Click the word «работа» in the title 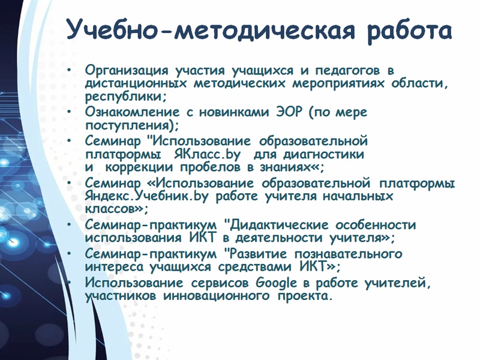click(x=409, y=31)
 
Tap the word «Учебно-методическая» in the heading click(x=211, y=29)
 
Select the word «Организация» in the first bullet click(x=127, y=71)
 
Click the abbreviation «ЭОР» click(x=289, y=112)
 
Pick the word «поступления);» click(x=132, y=126)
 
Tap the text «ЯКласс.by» click(x=207, y=155)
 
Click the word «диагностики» click(x=323, y=155)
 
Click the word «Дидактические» click(x=279, y=226)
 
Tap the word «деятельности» click(x=278, y=238)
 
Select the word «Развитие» click(x=258, y=254)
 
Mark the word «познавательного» click(x=349, y=254)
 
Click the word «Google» click(x=276, y=283)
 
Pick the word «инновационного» click(x=217, y=296)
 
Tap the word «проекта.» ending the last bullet click(x=305, y=296)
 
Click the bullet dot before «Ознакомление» click(x=69, y=112)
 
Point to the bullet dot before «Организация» click(x=69, y=70)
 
